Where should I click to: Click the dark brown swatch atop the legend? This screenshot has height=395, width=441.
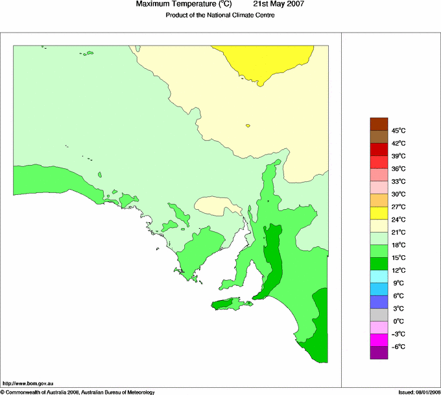(378, 123)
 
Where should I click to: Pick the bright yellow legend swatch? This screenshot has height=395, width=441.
(378, 212)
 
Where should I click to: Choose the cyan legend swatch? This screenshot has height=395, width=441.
(378, 276)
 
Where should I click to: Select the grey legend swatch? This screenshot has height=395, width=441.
(378, 314)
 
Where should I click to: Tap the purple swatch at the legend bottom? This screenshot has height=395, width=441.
(378, 353)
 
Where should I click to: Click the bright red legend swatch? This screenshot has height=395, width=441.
(378, 162)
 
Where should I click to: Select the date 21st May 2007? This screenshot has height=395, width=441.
(278, 5)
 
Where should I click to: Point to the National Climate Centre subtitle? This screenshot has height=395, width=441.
(220, 15)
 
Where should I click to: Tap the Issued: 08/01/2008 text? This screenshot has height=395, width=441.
(419, 392)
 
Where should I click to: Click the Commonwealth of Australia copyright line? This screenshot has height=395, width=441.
(77, 392)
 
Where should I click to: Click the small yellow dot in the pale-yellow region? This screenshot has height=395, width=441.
(248, 125)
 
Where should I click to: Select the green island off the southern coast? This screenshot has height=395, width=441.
(229, 303)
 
